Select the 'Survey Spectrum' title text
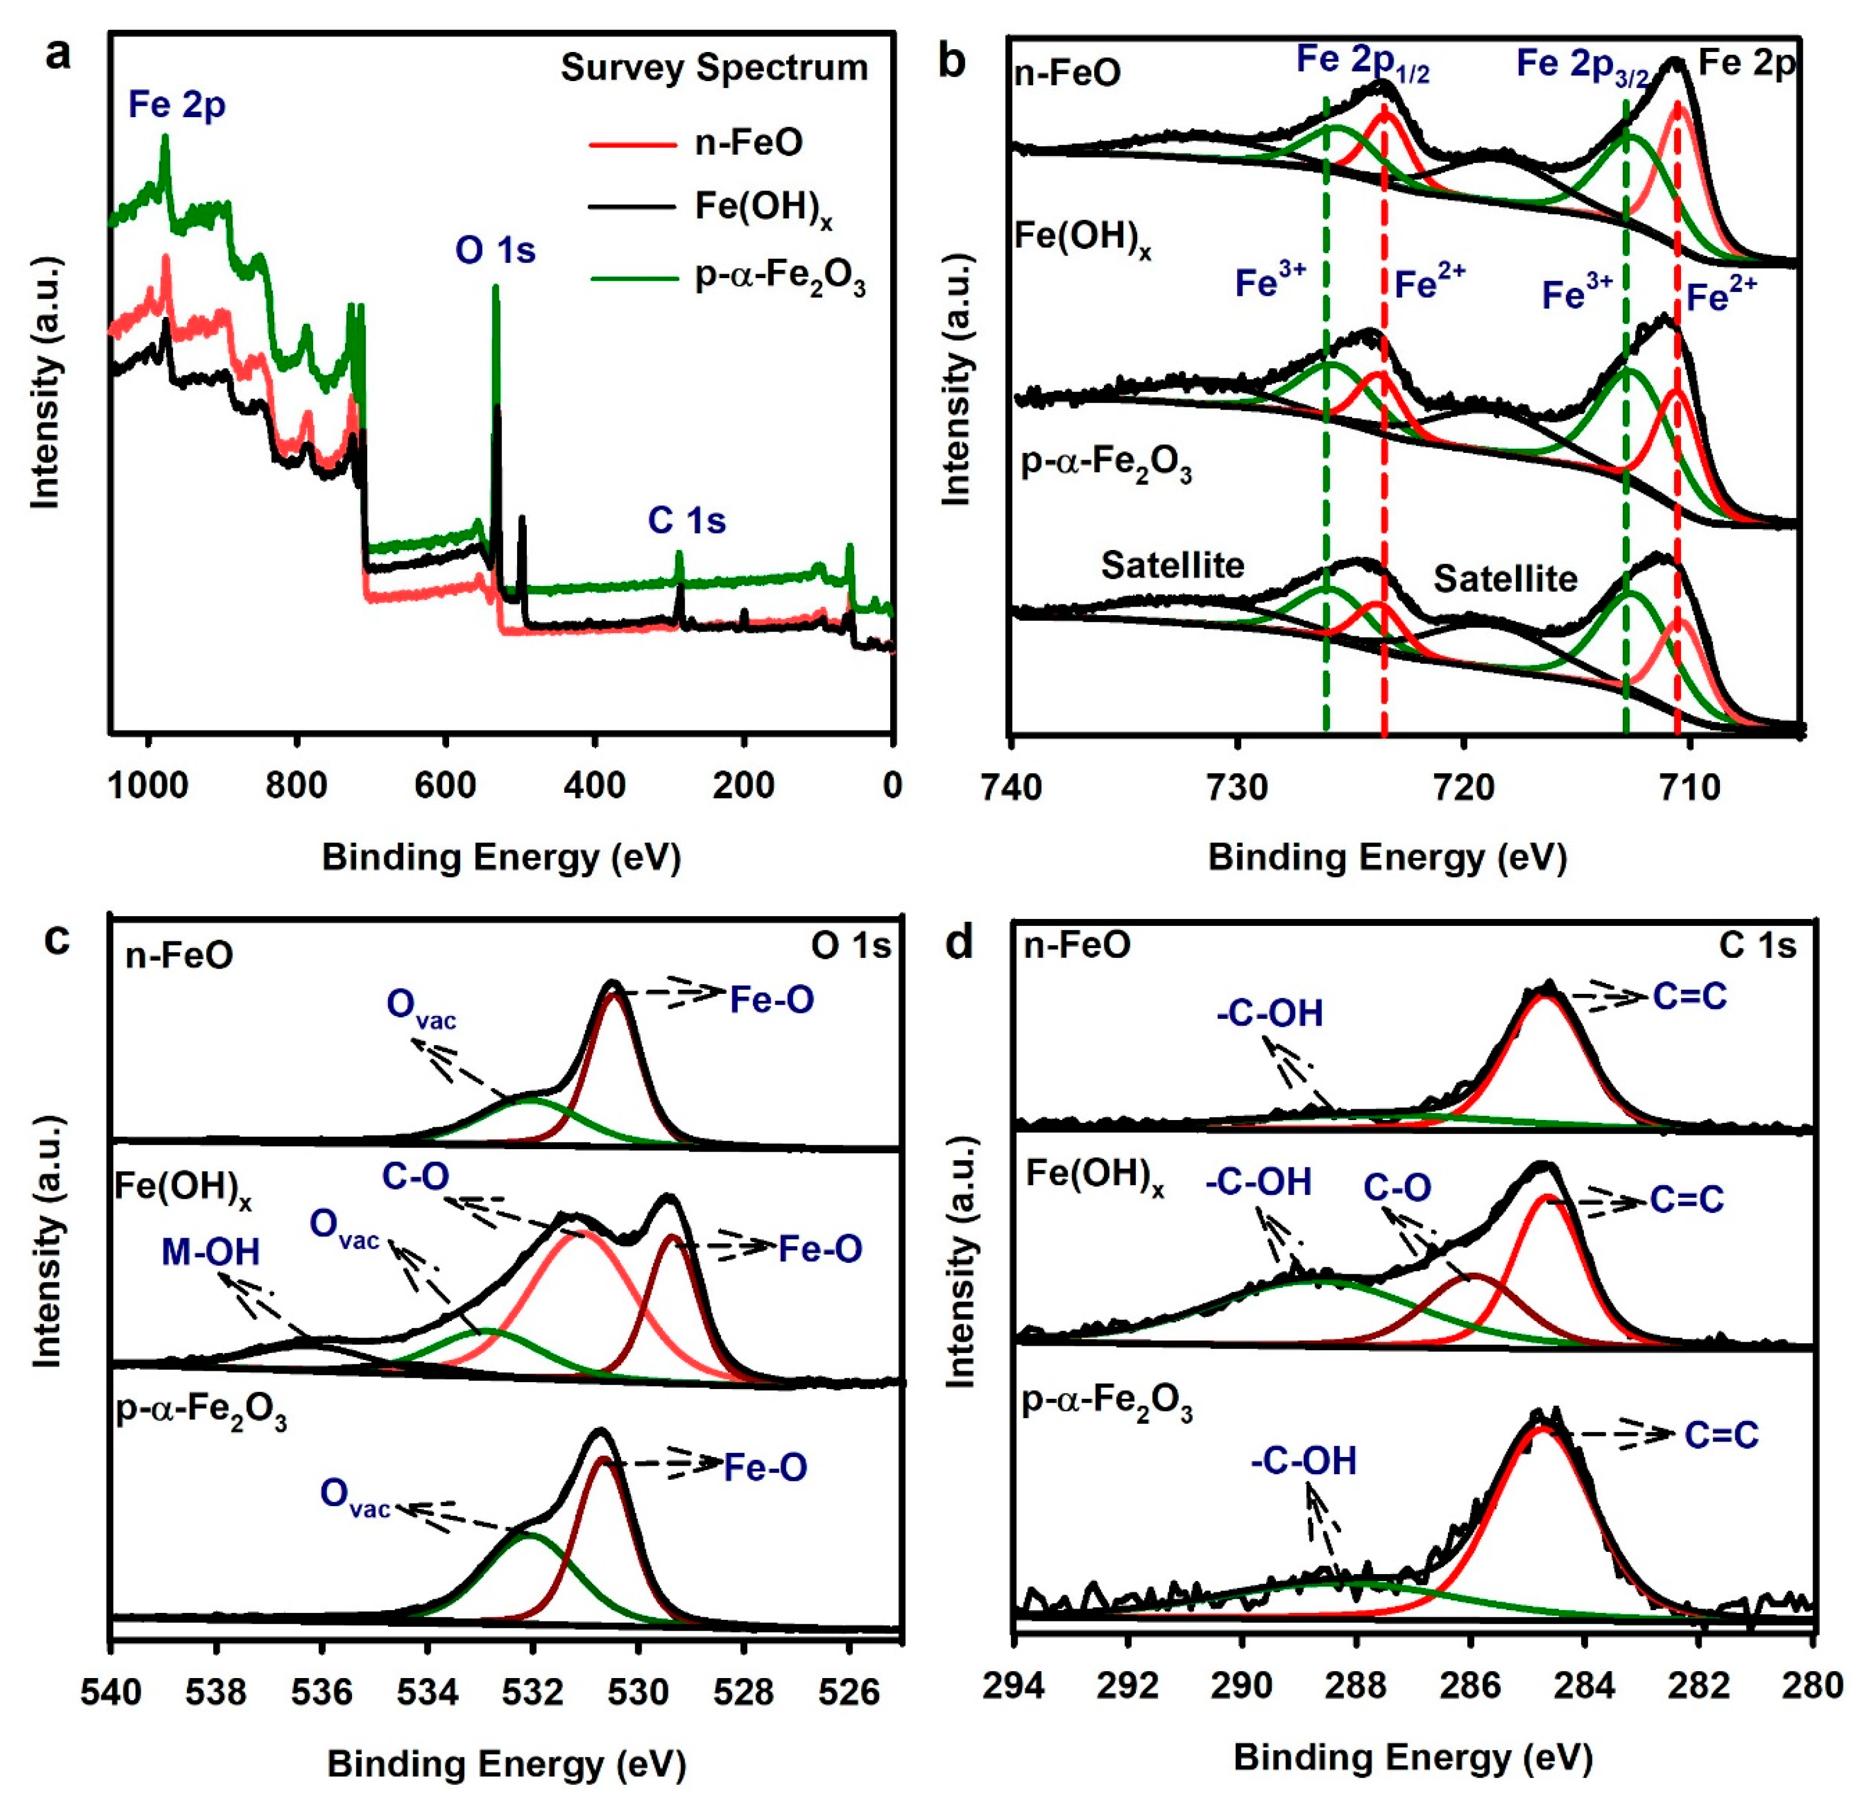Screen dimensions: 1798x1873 pos(714,68)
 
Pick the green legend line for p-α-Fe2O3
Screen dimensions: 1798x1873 pos(631,279)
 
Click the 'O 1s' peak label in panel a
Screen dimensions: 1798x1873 pos(495,250)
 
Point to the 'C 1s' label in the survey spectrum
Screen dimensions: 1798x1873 pos(686,521)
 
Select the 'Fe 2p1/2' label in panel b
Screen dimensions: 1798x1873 pos(1362,63)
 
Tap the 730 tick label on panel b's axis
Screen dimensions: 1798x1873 pos(1238,787)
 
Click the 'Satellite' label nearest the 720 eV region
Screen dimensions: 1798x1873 pos(1505,579)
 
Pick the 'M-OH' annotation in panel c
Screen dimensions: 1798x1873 pos(210,1251)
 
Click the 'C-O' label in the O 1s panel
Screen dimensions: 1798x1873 pos(416,1177)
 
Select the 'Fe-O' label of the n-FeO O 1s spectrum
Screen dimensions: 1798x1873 pos(771,1000)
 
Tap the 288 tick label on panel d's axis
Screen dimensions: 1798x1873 pos(1356,1685)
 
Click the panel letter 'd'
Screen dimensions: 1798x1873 pos(958,943)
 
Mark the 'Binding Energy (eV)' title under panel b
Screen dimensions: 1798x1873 pos(1387,857)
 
